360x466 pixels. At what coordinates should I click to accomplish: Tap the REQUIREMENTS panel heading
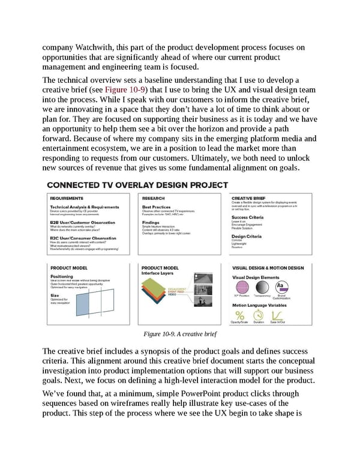67,197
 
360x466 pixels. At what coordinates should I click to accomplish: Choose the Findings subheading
151,222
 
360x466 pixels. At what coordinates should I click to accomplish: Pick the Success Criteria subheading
248,217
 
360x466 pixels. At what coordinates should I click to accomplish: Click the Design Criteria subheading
247,236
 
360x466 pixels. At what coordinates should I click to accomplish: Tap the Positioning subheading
62,276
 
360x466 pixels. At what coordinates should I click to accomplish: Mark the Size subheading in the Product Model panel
55,295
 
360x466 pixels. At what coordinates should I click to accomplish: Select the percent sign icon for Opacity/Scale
240,315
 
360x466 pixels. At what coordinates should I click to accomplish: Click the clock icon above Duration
259,315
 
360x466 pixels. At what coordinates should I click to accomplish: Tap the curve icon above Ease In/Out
277,315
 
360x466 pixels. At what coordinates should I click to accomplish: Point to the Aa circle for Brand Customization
281,288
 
